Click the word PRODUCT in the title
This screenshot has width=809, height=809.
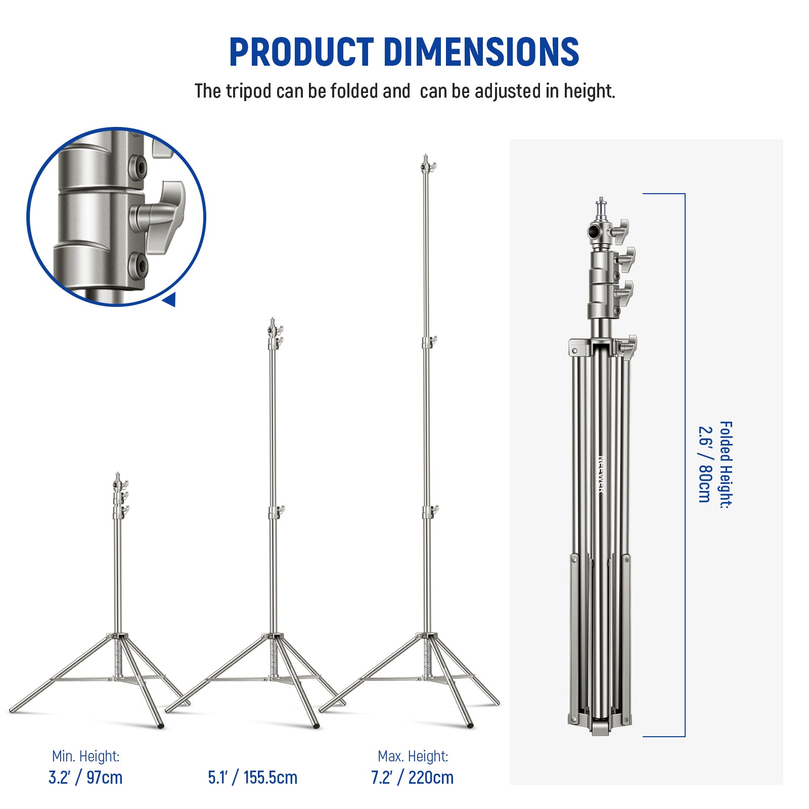301,52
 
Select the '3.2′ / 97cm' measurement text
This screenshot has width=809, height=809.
85,777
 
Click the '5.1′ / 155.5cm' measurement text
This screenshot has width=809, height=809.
252,777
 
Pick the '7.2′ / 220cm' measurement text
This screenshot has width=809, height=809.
412,777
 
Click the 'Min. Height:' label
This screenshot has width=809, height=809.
85,756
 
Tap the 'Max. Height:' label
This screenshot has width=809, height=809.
413,756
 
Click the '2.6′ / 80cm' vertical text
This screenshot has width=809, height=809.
704,464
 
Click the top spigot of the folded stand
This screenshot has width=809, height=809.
601,205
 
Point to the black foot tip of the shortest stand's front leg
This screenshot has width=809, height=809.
161,726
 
